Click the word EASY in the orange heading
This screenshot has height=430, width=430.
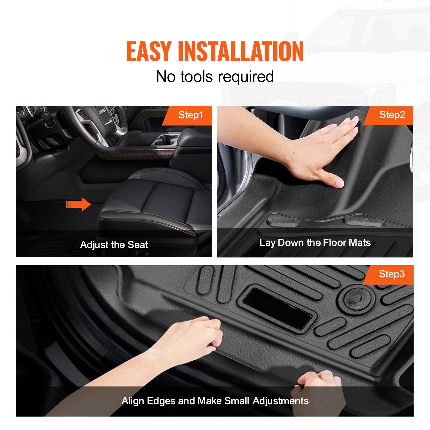click(149, 52)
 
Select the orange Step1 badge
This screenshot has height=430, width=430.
click(187, 116)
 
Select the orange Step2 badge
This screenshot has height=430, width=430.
click(388, 115)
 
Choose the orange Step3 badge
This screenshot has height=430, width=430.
click(388, 275)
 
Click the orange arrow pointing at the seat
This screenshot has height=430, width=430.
click(78, 205)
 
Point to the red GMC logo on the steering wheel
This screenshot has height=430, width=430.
click(102, 111)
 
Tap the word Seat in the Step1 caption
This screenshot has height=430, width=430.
click(138, 245)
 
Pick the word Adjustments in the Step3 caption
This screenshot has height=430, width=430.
click(281, 401)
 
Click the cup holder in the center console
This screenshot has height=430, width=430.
click(166, 140)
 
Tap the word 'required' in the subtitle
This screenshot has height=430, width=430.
click(246, 77)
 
